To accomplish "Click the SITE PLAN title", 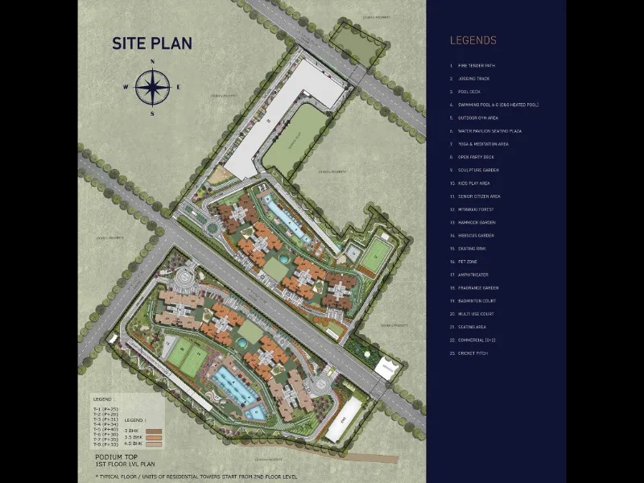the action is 152,43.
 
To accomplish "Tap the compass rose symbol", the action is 151,87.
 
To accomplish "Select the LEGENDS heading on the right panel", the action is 473,40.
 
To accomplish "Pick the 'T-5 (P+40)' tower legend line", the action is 106,429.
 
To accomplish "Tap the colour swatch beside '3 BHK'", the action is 153,431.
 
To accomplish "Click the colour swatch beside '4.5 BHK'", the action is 153,444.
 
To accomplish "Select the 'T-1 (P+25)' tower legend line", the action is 106,409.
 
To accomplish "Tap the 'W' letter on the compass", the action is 126,87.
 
